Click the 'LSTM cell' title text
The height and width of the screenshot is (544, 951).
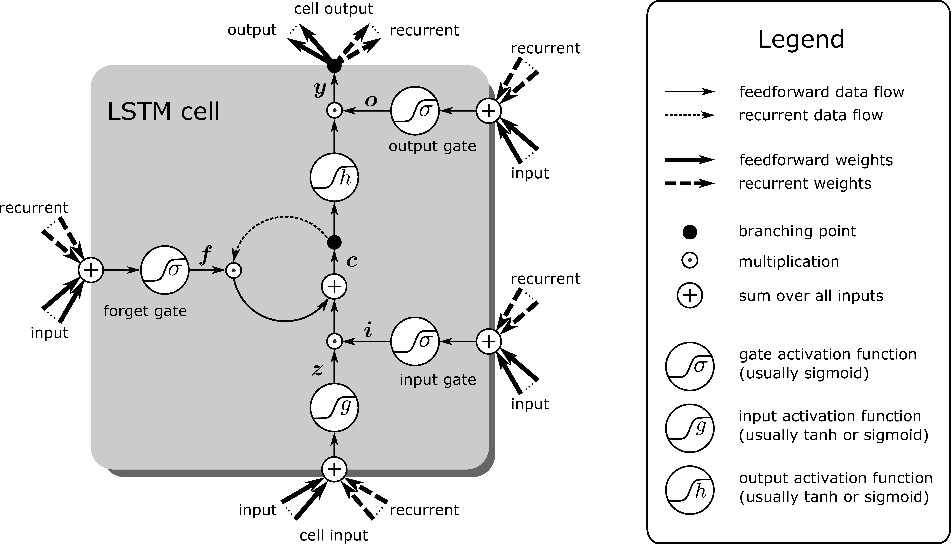tap(164, 111)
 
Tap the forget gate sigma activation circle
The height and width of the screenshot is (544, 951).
tap(165, 270)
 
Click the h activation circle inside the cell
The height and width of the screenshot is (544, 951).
tap(334, 178)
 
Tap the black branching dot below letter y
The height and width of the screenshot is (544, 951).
tap(334, 66)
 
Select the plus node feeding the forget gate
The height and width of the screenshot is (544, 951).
tap(91, 270)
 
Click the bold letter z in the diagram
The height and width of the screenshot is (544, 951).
tap(317, 370)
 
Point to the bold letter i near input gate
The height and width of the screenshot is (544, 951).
tap(368, 331)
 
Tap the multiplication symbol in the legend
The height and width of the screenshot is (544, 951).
tap(690, 261)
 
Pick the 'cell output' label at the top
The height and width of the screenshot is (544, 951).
tap(333, 9)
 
